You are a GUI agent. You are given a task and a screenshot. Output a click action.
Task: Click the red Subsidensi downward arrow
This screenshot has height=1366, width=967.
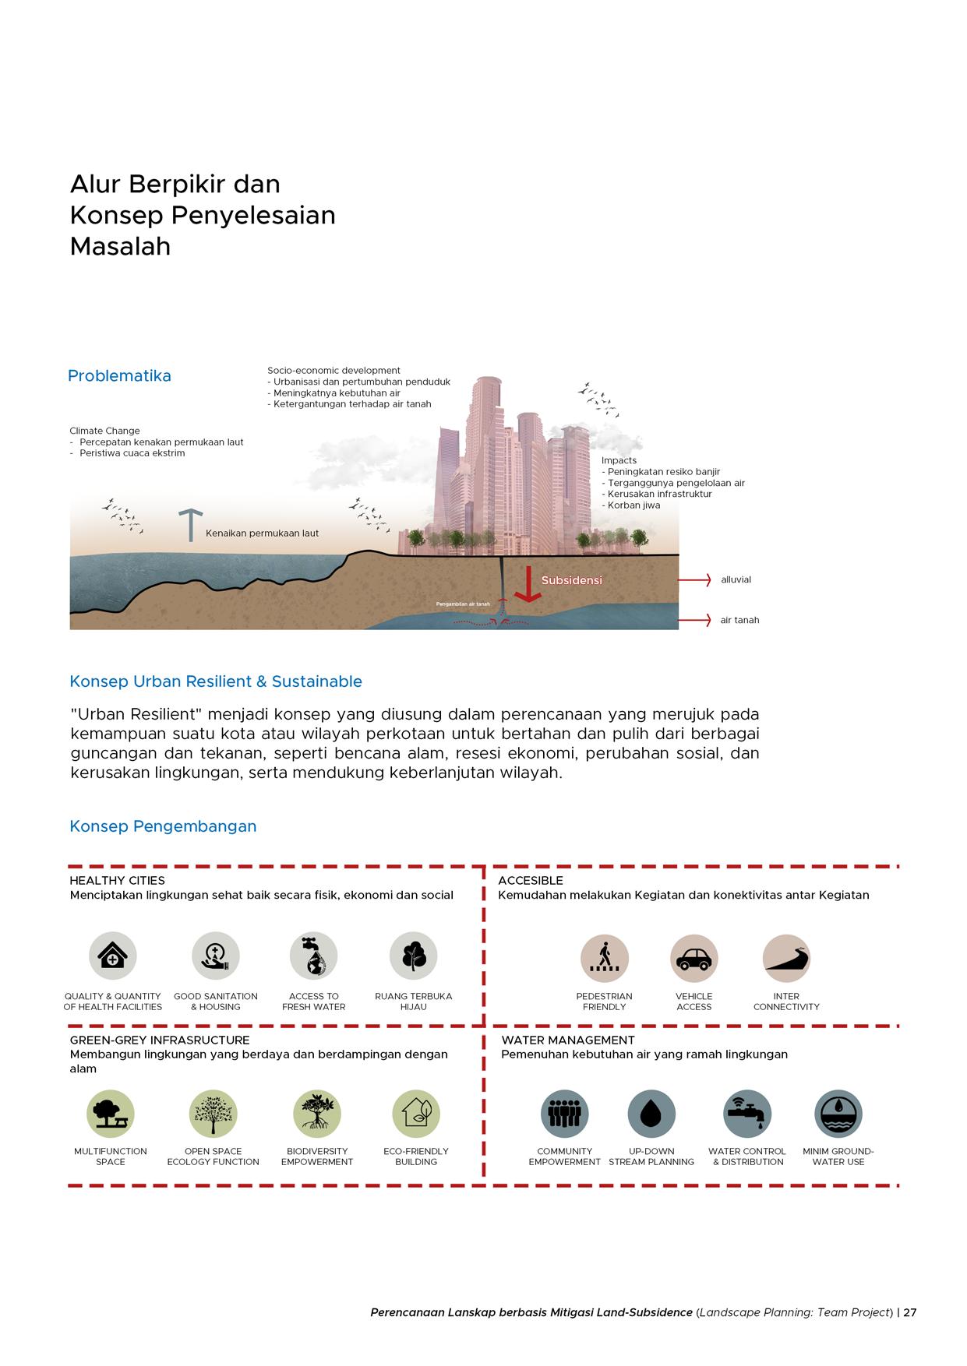[x=528, y=584]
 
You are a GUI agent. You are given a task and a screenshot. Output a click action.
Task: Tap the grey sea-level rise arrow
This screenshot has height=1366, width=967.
[x=190, y=525]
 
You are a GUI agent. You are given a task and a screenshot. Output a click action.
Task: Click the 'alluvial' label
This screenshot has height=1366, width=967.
[x=736, y=580]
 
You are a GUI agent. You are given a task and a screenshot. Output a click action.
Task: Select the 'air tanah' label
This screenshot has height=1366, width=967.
[x=739, y=621]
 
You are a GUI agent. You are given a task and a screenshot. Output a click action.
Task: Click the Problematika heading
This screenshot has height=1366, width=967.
[x=119, y=376]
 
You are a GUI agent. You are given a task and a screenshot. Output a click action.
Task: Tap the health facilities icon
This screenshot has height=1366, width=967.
[x=113, y=956]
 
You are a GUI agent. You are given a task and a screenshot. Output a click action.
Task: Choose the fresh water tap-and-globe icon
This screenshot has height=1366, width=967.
[x=313, y=956]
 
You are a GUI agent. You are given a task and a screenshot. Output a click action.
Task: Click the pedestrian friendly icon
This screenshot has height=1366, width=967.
[x=604, y=958]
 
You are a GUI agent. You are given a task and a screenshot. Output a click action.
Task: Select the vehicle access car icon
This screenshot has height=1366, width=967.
[x=693, y=958]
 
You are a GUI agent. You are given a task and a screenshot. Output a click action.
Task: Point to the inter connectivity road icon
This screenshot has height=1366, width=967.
[x=786, y=958]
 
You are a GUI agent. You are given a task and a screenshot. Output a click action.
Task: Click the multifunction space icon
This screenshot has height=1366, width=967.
[x=111, y=1114]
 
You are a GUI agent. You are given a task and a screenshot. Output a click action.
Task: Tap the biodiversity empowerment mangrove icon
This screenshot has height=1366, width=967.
[x=317, y=1114]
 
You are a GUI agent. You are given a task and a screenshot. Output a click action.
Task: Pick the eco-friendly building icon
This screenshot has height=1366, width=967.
[x=416, y=1114]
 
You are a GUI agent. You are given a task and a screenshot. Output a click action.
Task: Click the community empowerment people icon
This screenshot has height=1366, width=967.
[x=564, y=1114]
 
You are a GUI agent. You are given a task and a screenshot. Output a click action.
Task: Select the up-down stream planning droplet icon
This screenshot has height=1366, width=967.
[x=651, y=1114]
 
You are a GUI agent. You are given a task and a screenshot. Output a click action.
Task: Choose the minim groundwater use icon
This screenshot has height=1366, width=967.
[x=838, y=1114]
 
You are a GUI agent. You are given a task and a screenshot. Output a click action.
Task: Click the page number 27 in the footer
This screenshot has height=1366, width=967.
[x=909, y=1312]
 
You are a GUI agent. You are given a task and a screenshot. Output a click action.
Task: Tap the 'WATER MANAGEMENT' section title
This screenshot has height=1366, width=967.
[x=567, y=1040]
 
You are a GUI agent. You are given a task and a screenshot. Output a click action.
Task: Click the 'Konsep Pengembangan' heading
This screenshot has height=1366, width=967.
[x=163, y=826]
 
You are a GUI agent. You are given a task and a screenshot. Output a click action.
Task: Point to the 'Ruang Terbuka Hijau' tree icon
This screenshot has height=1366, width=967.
[x=413, y=956]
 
